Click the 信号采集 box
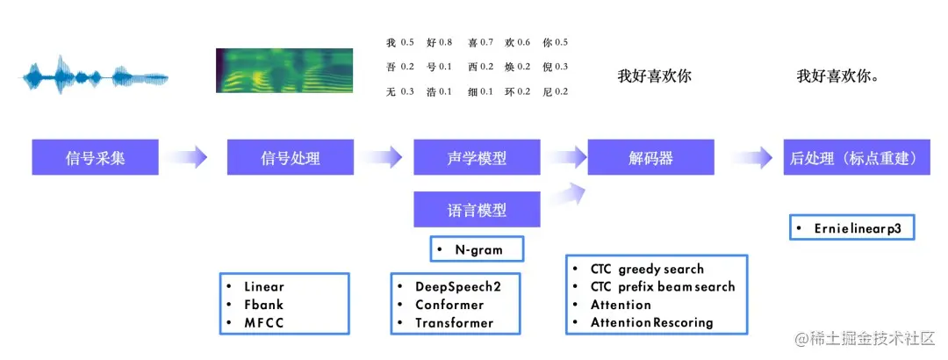(x=96, y=158)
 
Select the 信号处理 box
(x=291, y=158)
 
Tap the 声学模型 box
(x=477, y=158)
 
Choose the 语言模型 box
(x=477, y=211)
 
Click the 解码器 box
(x=651, y=158)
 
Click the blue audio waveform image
(x=95, y=76)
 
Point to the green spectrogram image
(x=284, y=70)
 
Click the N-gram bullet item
(x=478, y=249)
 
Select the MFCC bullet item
(x=264, y=322)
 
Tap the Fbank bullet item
(x=264, y=305)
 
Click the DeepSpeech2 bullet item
(x=455, y=287)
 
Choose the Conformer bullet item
(x=449, y=305)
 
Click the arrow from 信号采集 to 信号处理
(x=185, y=158)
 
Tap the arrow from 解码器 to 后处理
(x=751, y=158)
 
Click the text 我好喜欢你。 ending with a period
(x=838, y=76)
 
